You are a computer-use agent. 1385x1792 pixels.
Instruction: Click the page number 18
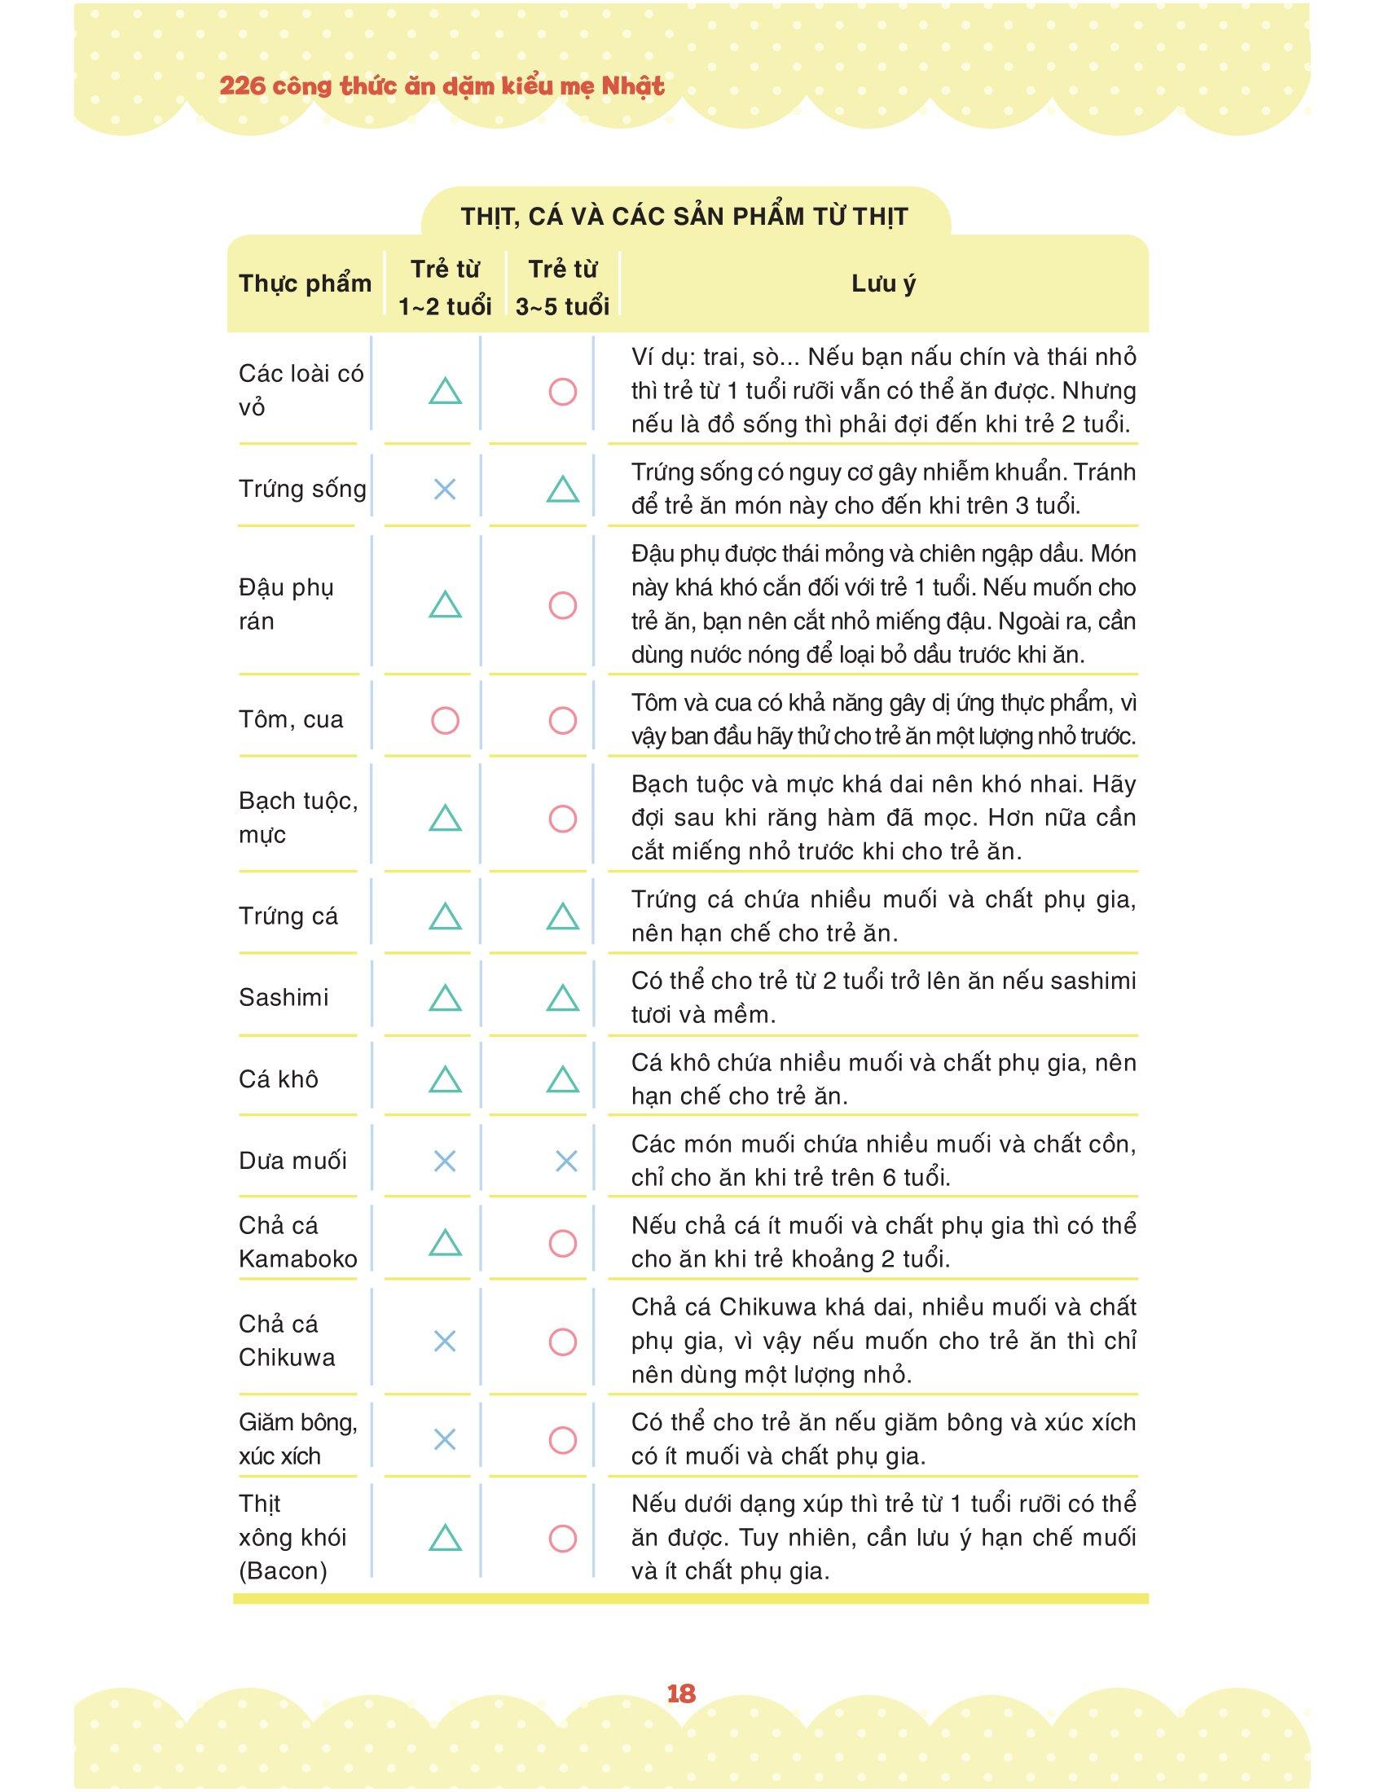coord(681,1693)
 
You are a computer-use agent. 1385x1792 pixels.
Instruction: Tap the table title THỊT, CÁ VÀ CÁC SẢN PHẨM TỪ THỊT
coord(684,217)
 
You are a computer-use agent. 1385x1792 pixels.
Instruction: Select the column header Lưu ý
coord(883,284)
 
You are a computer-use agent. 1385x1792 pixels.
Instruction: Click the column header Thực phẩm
coord(305,284)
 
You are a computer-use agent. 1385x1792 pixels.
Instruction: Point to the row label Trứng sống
coord(302,489)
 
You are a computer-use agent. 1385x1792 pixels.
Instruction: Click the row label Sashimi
coord(283,997)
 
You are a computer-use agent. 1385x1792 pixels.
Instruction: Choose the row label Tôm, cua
coord(291,719)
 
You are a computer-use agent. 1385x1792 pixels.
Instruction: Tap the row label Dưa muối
coord(293,1160)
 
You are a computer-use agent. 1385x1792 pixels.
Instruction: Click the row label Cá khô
coord(278,1079)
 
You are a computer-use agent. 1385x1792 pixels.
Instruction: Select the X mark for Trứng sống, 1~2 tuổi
coord(445,490)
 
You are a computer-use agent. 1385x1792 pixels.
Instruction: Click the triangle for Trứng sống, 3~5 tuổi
coord(562,490)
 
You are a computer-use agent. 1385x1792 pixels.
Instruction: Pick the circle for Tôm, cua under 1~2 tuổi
coord(445,721)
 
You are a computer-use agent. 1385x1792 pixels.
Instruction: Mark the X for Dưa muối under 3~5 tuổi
coord(566,1161)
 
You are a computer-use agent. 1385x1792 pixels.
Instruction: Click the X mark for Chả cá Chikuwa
coord(445,1342)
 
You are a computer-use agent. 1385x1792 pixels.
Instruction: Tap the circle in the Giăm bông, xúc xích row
coord(562,1439)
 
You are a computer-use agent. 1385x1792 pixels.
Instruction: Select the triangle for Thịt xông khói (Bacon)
coord(445,1539)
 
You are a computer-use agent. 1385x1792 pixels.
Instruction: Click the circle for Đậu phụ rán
coord(562,605)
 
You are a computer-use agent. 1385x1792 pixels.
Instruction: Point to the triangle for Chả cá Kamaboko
coord(445,1243)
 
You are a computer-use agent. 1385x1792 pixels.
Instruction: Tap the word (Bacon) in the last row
coord(283,1570)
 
